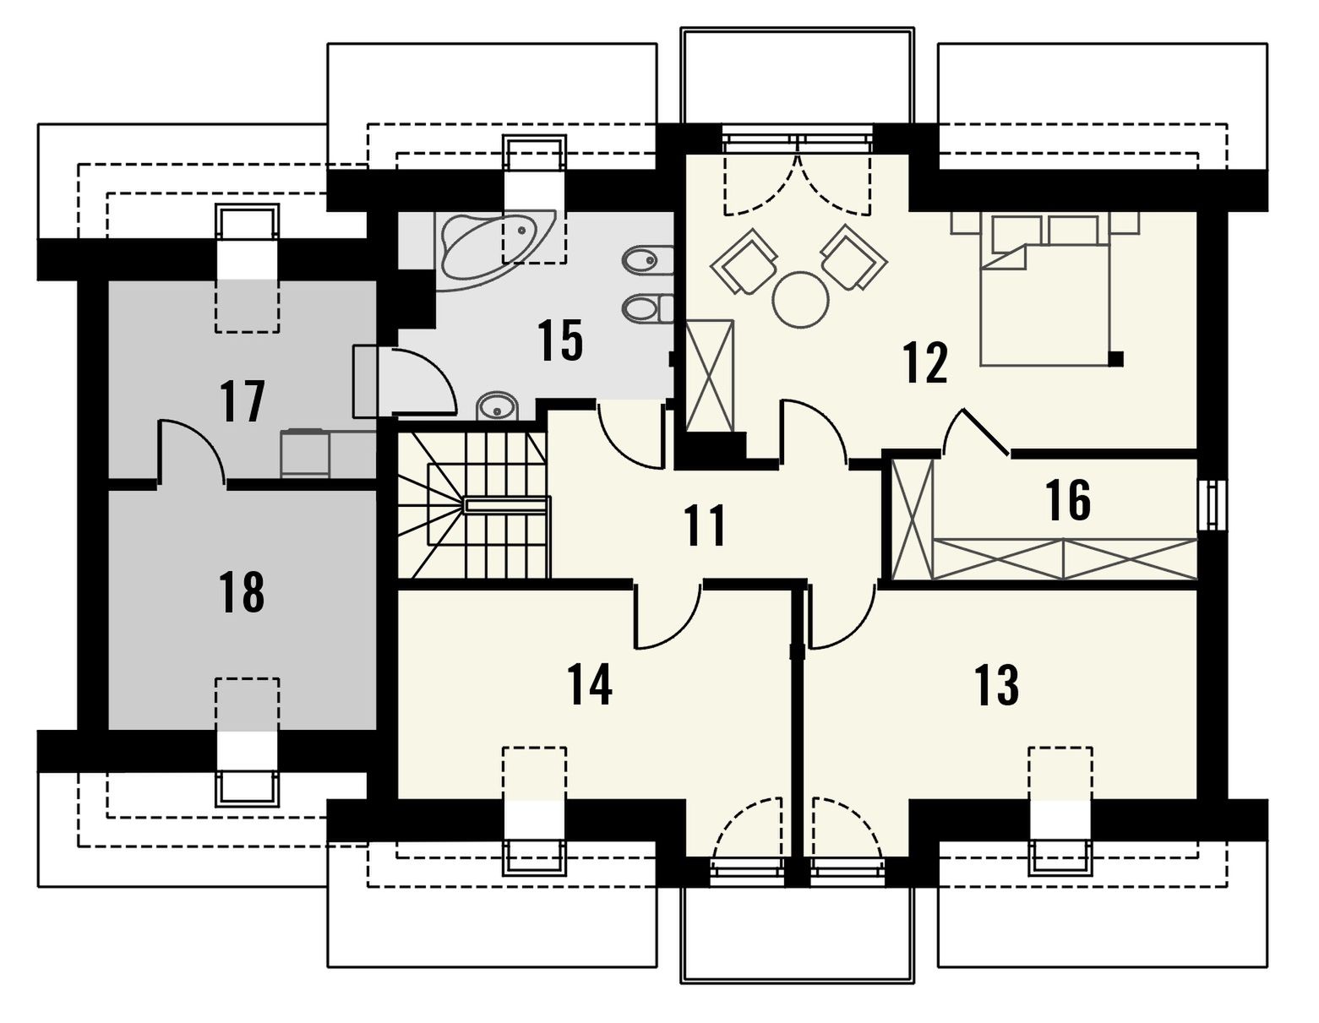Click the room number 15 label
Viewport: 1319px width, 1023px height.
click(x=559, y=340)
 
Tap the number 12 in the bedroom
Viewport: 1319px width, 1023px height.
click(x=925, y=362)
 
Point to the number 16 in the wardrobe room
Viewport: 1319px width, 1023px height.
click(x=1068, y=500)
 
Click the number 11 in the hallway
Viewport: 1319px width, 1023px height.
click(x=704, y=525)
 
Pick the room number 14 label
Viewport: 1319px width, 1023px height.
click(x=590, y=684)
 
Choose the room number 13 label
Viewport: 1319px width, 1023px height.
click(x=996, y=684)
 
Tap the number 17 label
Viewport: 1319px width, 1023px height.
click(x=243, y=401)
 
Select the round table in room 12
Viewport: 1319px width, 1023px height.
click(x=801, y=300)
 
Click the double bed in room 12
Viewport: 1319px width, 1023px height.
click(x=1045, y=289)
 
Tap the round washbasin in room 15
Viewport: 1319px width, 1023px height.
click(x=498, y=405)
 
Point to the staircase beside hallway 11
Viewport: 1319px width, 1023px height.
click(x=473, y=505)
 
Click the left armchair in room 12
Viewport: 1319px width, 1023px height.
click(x=744, y=261)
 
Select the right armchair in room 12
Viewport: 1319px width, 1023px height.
click(x=853, y=258)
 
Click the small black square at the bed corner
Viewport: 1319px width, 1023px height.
click(x=1115, y=358)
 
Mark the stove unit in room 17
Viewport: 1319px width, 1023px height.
click(x=305, y=453)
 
